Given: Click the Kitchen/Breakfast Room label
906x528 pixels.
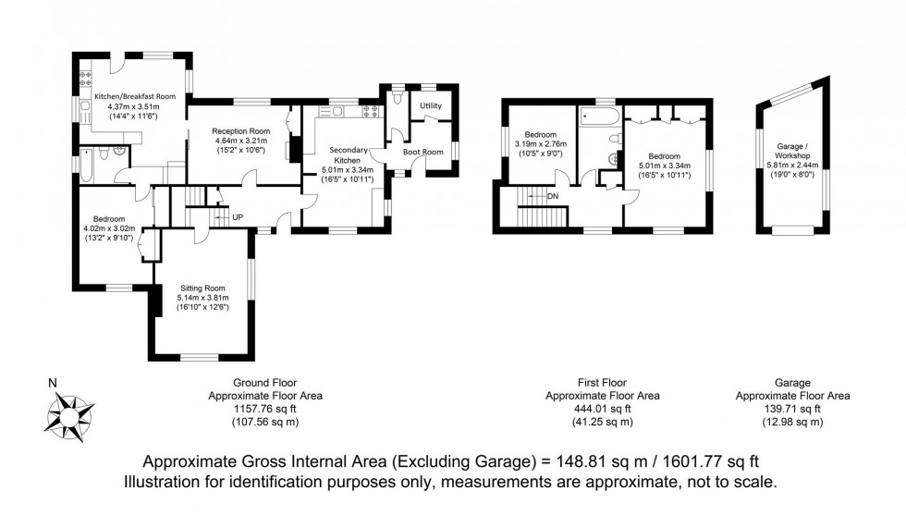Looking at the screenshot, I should point(134,96).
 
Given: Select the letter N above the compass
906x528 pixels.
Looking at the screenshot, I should point(53,383).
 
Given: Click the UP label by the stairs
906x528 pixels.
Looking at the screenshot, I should point(238,216).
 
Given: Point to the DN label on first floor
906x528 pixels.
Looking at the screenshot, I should point(553,196).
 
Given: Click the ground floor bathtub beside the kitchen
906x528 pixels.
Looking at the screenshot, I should point(84,169).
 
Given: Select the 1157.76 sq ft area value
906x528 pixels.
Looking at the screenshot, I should point(265,408).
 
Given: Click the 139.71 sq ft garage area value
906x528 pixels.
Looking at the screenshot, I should point(791,408).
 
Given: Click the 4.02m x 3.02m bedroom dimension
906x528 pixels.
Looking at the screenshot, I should point(109,228).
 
